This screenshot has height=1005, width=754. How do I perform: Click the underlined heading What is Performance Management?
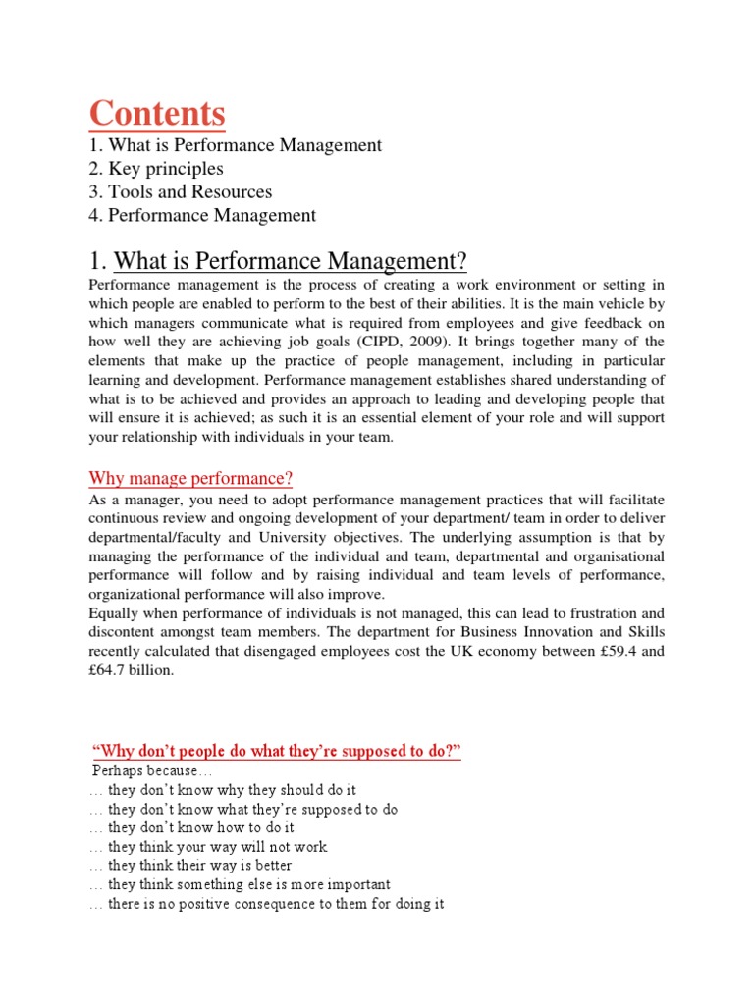[291, 262]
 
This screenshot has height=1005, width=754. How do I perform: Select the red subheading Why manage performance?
[191, 479]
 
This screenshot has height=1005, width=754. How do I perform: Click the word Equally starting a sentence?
[117, 612]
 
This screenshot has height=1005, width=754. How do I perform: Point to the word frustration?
[593, 612]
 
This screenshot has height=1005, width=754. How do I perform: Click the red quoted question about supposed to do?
[276, 752]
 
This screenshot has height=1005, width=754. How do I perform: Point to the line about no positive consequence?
[266, 904]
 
